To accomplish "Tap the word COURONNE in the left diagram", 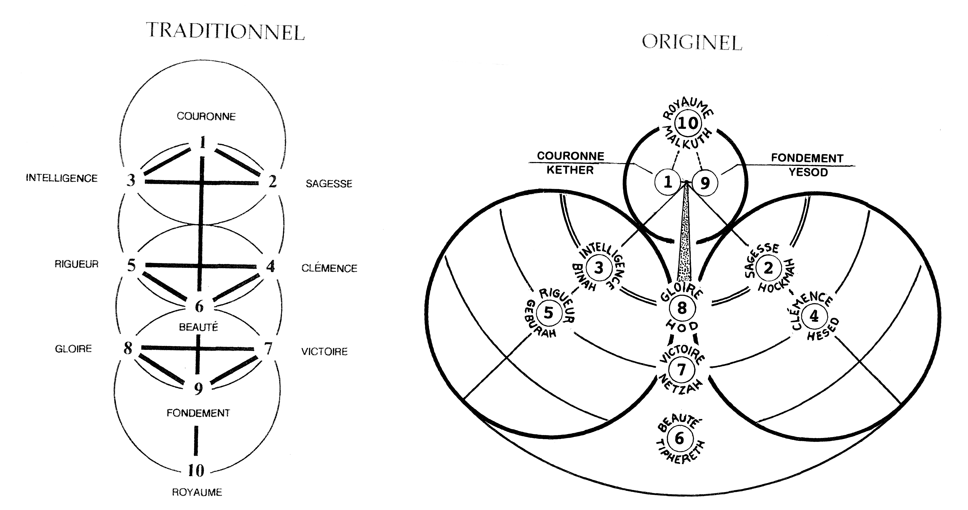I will pyautogui.click(x=206, y=116).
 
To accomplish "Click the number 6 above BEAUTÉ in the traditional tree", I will pyautogui.click(x=199, y=306).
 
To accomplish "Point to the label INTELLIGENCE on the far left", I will pyautogui.click(x=62, y=178).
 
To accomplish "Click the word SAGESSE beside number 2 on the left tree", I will pyautogui.click(x=329, y=184).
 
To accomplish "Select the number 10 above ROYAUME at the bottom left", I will pyautogui.click(x=196, y=470).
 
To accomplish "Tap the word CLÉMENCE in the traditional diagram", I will pyautogui.click(x=329, y=268).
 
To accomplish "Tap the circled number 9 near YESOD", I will pyautogui.click(x=705, y=183).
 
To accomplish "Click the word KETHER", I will pyautogui.click(x=570, y=170).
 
